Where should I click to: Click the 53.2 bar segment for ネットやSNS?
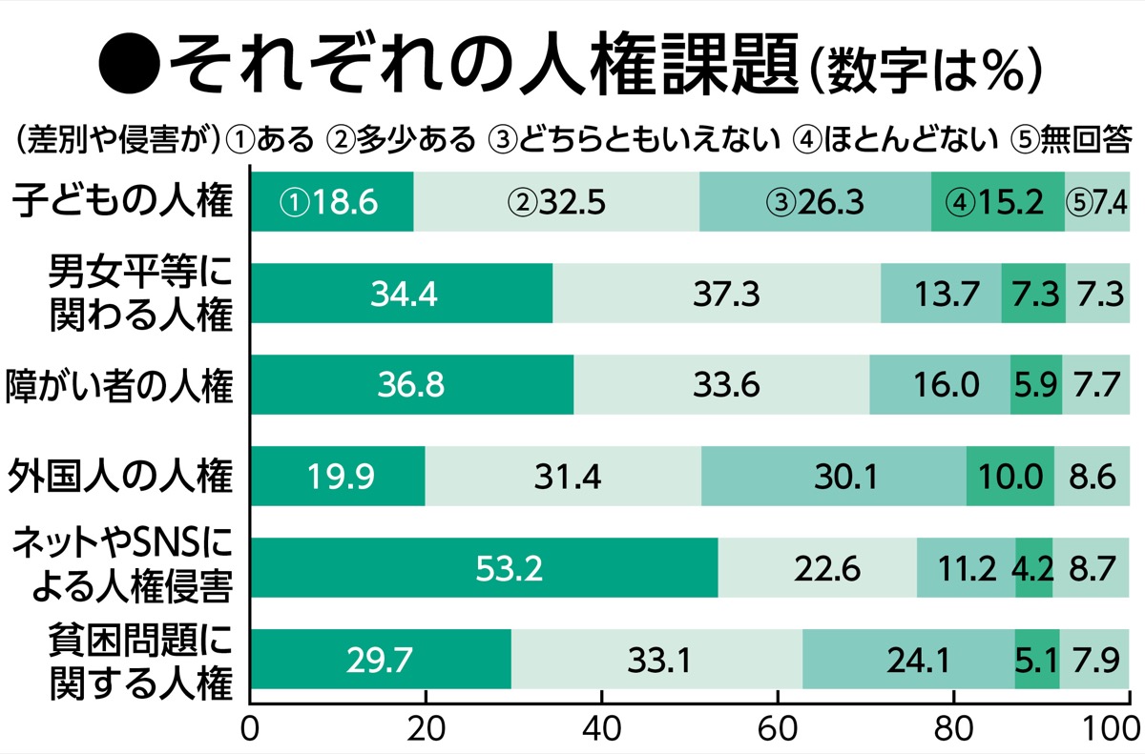[485, 569]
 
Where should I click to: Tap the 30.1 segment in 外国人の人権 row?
[834, 477]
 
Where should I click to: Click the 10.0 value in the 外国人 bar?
[1010, 477]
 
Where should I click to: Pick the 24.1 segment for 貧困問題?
[907, 659]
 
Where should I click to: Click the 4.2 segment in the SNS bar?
[1033, 569]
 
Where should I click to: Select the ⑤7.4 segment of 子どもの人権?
[1097, 202]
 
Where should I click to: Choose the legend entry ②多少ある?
[401, 140]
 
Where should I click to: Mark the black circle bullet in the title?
[126, 65]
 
